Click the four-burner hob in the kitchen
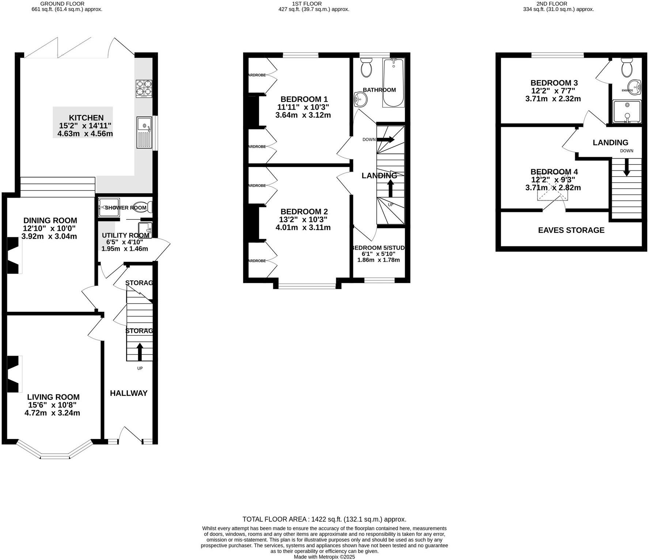[144, 88]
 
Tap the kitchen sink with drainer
[145, 132]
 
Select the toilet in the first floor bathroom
[366, 68]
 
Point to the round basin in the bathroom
[361, 99]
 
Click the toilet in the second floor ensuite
[627, 67]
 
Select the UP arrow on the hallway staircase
[140, 351]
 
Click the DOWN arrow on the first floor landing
[386, 139]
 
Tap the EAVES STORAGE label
[571, 230]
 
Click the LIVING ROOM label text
[53, 397]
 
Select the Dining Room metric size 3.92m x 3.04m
[49, 236]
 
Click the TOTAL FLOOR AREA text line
[324, 519]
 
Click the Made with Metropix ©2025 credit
[324, 557]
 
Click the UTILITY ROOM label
[125, 235]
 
